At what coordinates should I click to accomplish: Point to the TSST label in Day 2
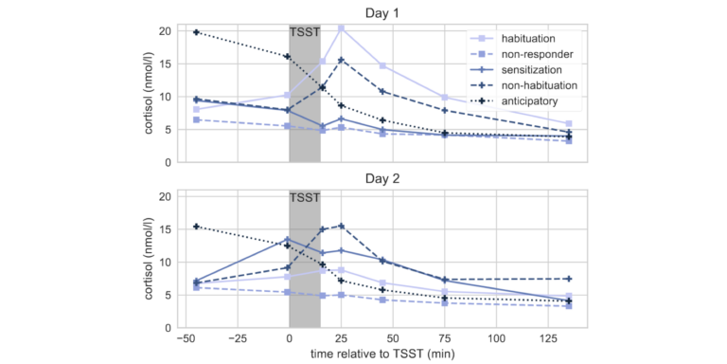(305, 199)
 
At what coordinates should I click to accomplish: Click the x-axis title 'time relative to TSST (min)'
(381, 353)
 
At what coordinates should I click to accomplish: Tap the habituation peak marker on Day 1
(341, 28)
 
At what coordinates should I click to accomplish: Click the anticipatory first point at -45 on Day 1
(196, 32)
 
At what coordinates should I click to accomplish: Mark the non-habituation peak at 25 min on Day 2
(341, 227)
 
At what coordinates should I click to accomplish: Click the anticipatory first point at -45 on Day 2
(196, 227)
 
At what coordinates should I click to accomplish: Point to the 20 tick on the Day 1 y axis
(165, 31)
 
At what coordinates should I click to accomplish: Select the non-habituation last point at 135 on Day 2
(568, 279)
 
